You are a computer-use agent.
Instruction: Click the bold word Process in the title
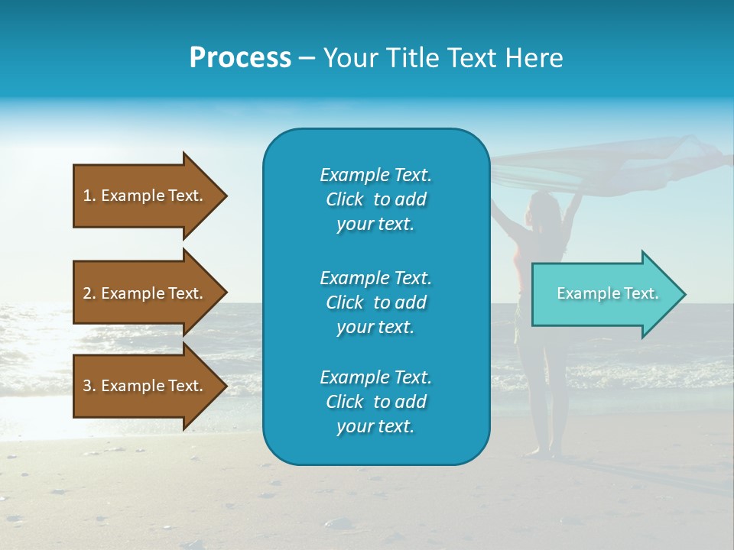(240, 58)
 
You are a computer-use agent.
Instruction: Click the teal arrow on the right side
(604, 294)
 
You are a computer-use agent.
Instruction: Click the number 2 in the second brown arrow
(87, 293)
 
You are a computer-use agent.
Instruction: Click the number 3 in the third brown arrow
(87, 386)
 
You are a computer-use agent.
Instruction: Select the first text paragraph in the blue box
(375, 199)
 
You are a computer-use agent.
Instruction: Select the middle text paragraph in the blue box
(375, 302)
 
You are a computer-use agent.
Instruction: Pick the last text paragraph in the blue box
(375, 402)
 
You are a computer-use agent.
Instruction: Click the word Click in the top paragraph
(345, 199)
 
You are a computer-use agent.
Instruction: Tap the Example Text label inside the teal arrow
(607, 293)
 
